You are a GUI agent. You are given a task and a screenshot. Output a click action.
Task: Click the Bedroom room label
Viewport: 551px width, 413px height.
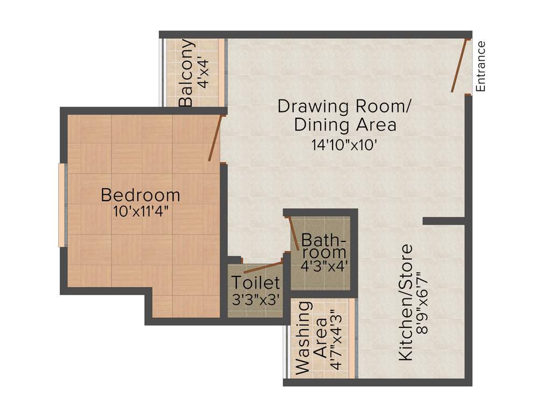140,194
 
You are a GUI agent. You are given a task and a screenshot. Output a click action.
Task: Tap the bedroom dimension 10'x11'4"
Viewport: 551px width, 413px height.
141,211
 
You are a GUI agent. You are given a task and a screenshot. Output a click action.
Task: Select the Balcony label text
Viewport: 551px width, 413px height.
186,73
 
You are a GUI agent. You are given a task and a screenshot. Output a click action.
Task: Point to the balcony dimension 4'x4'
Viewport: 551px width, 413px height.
204,73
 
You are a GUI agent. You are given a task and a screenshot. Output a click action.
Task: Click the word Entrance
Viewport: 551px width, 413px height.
481,66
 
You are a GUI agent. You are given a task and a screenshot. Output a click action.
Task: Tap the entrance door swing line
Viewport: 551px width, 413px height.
459,66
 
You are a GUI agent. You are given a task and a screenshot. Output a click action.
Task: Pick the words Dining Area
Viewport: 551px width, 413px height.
345,125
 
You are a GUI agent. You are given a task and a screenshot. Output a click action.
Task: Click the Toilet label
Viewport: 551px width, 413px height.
256,282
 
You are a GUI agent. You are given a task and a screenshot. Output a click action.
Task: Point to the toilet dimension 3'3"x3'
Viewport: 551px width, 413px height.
256,300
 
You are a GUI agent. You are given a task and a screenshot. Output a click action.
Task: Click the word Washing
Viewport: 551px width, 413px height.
303,337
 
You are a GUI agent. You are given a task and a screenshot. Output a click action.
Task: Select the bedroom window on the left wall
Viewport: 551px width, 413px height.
62,205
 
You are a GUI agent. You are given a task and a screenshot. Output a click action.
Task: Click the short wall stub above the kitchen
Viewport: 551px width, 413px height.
443,221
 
